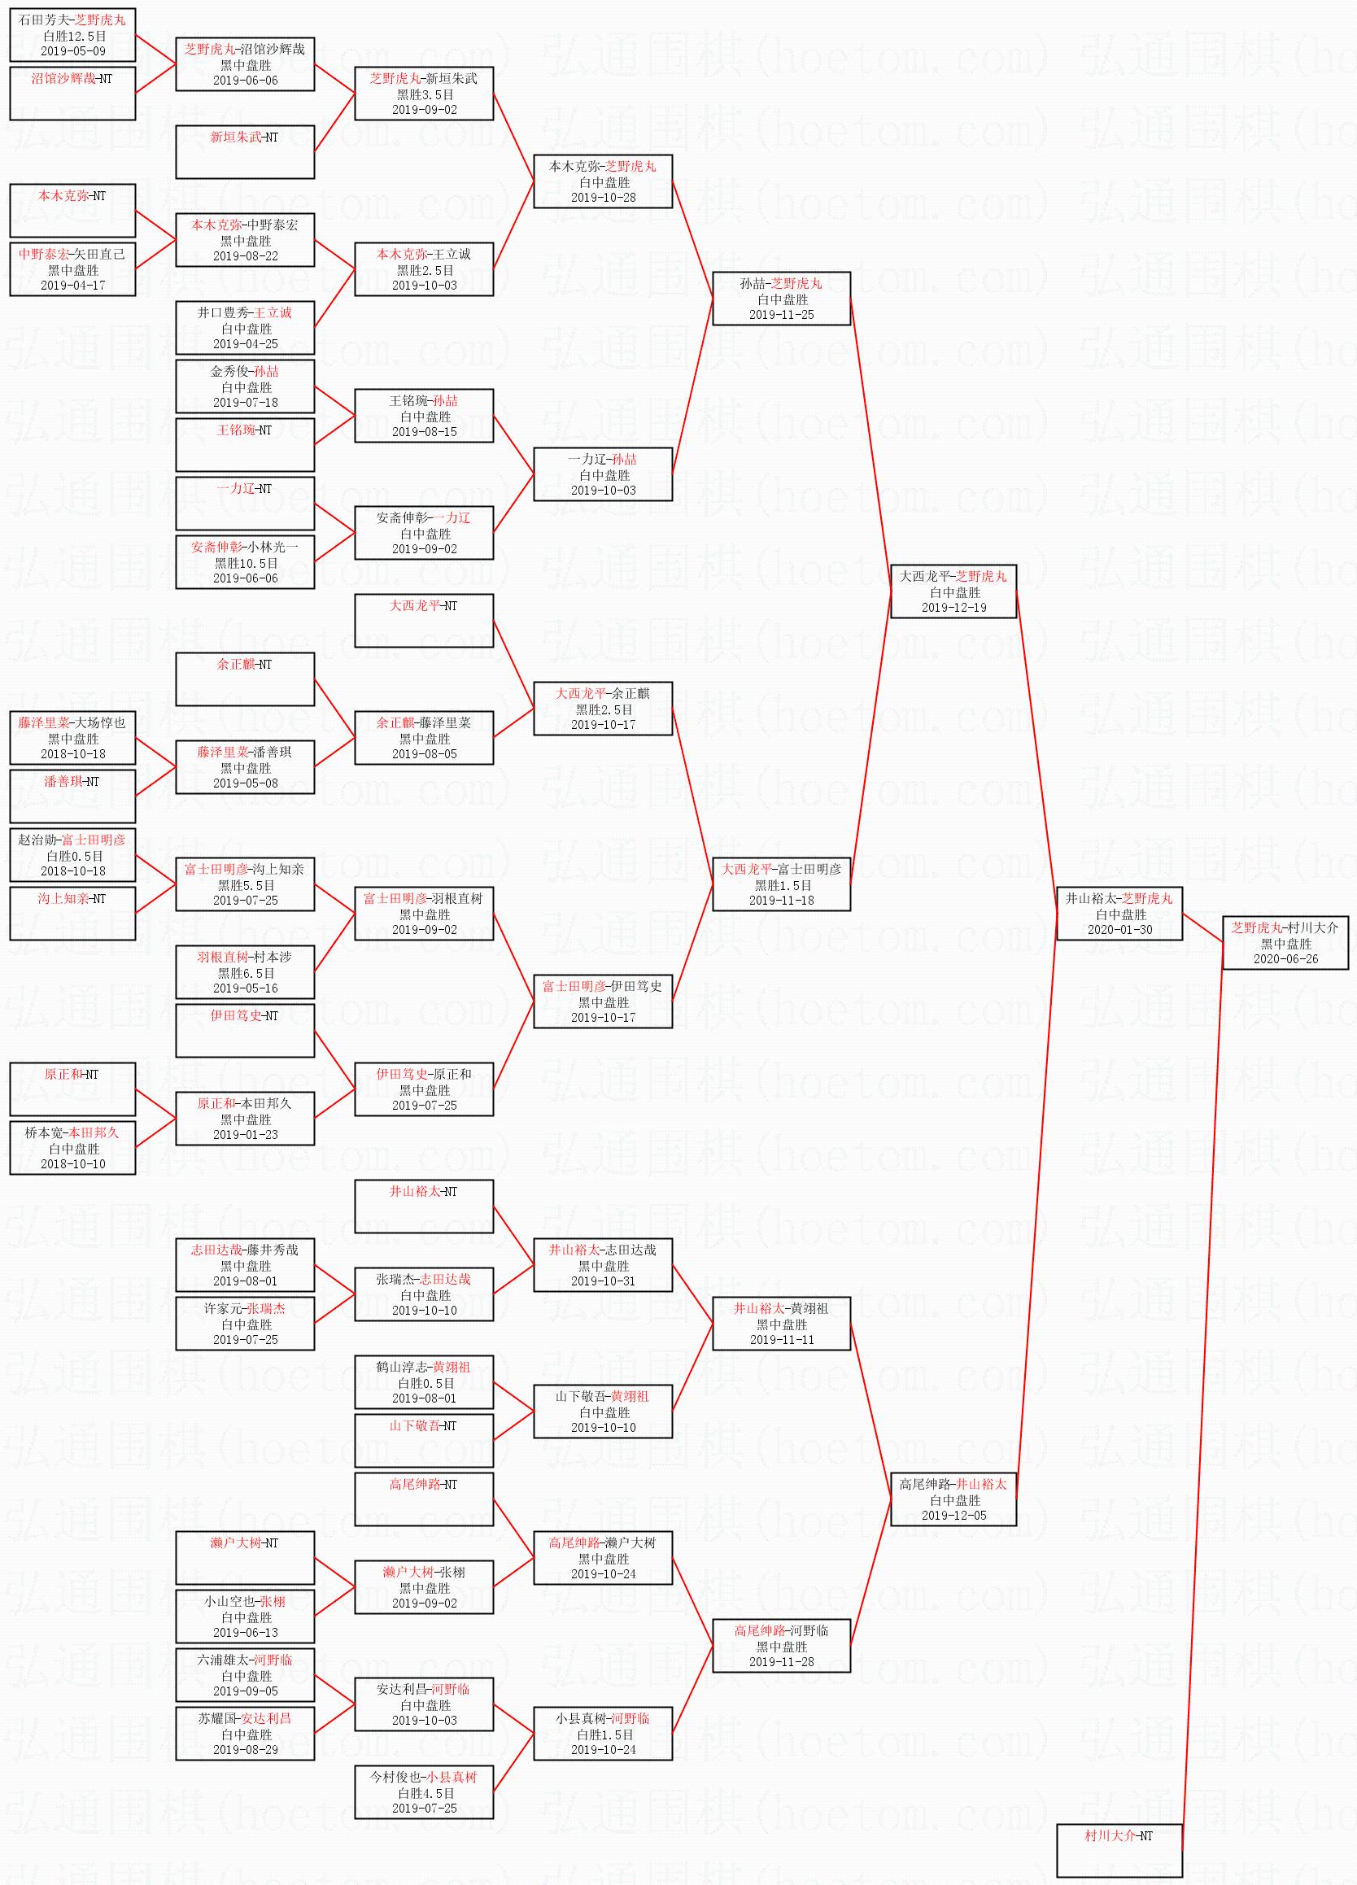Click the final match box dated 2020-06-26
click(1285, 942)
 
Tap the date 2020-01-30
click(1119, 930)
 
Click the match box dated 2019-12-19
click(953, 591)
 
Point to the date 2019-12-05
click(953, 1515)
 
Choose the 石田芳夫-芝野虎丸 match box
click(72, 36)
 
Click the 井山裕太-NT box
click(424, 1206)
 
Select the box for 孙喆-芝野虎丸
click(781, 299)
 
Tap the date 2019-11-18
click(781, 900)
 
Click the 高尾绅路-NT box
click(424, 1499)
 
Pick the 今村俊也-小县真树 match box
click(424, 1792)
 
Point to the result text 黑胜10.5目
click(245, 563)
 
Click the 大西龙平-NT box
click(424, 620)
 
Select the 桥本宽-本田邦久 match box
click(72, 1148)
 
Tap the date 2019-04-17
click(72, 285)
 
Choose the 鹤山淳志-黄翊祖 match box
click(424, 1382)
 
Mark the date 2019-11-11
click(781, 1340)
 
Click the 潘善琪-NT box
click(72, 796)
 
